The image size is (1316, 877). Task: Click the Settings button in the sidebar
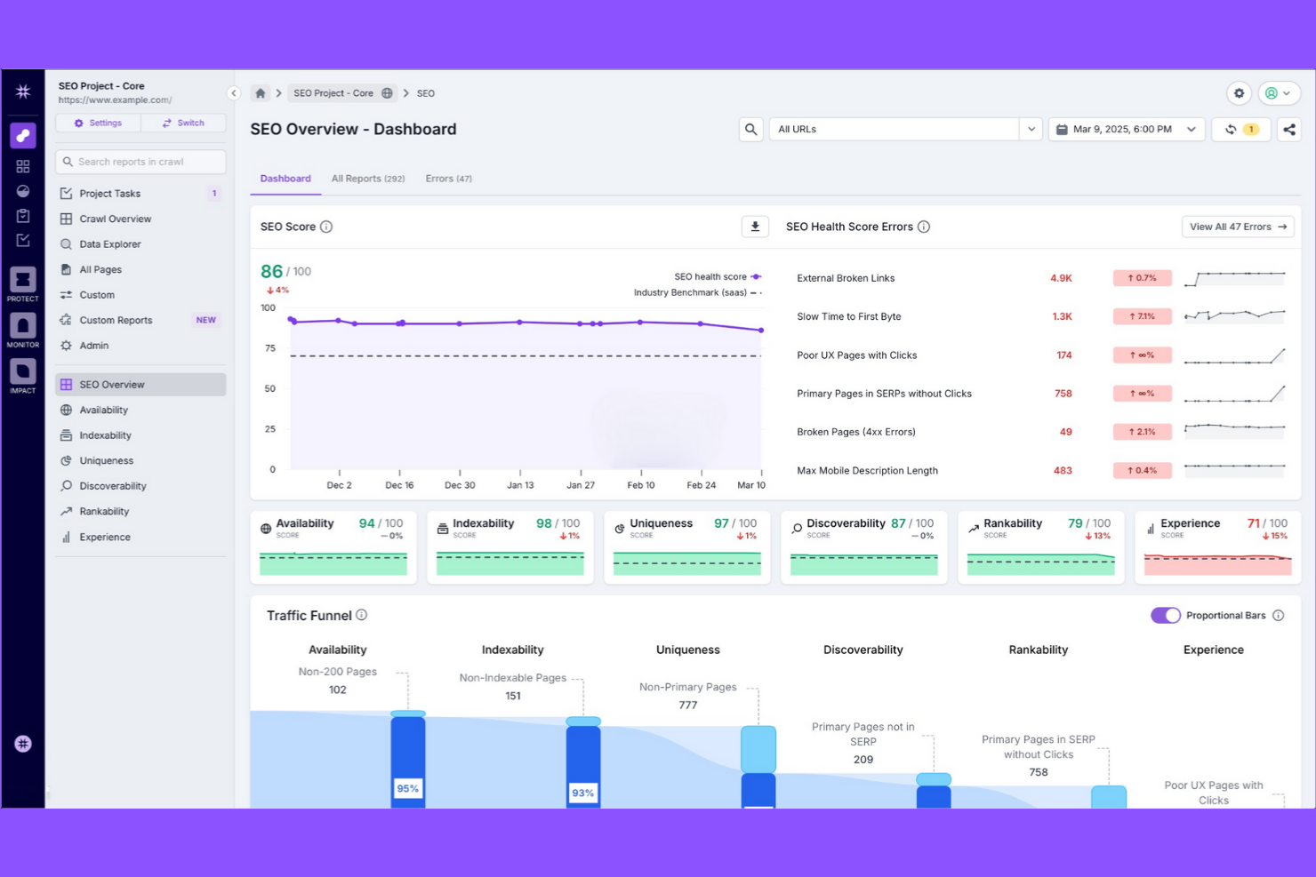click(98, 124)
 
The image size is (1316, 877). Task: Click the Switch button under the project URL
click(183, 124)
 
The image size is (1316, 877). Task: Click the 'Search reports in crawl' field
click(140, 162)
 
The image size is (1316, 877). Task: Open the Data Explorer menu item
click(109, 244)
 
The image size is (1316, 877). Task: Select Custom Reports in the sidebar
click(116, 321)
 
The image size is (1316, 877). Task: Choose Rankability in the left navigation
click(104, 512)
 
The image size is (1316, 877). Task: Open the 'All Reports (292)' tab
click(367, 179)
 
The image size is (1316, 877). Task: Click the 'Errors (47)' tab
click(448, 179)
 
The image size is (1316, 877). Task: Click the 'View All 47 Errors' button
click(1237, 227)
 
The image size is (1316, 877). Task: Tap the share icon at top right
click(1288, 130)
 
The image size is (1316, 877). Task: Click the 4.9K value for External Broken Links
click(1061, 278)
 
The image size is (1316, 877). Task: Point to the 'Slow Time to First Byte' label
click(848, 317)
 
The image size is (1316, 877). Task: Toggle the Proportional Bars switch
click(1165, 616)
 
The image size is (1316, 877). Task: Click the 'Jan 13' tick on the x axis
click(520, 485)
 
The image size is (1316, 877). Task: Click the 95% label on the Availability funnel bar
click(407, 789)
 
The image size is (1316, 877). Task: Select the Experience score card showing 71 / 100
click(1217, 546)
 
